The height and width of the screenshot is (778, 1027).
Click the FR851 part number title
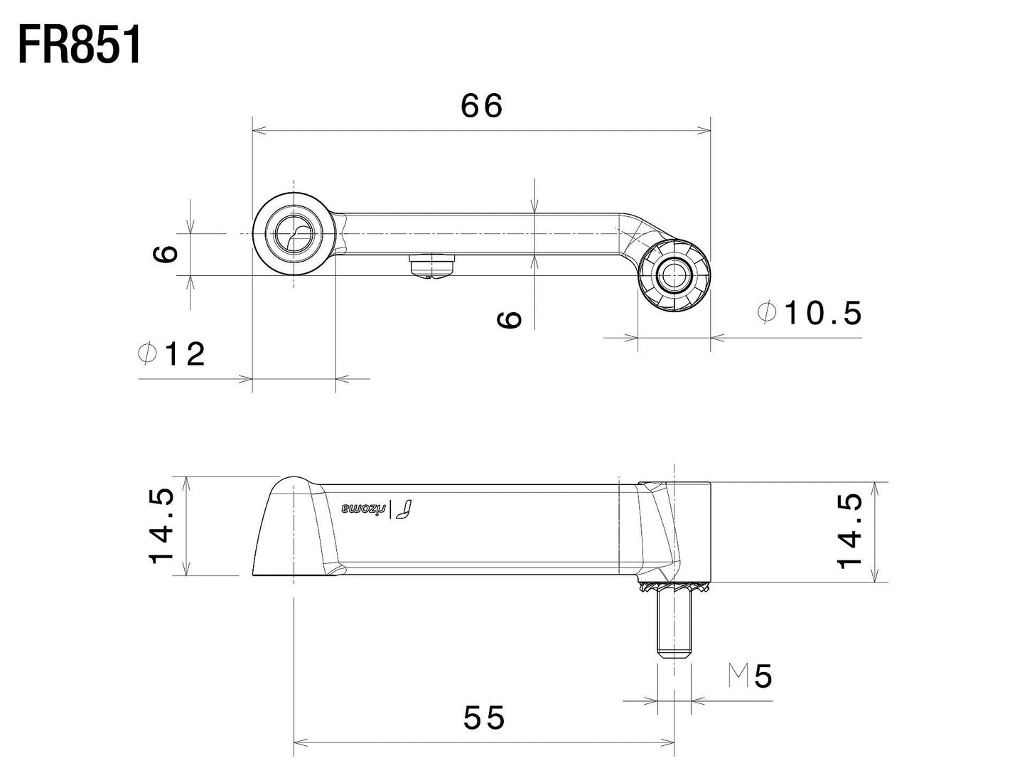(x=80, y=46)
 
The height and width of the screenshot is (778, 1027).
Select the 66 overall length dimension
(x=482, y=106)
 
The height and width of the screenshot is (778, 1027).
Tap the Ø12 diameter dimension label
(x=172, y=353)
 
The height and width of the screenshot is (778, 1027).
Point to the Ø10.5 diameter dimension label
(x=810, y=312)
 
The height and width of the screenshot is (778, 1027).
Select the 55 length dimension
(x=484, y=718)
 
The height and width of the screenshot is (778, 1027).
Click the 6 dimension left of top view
(x=165, y=253)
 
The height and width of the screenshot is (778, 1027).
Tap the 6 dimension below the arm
(x=510, y=319)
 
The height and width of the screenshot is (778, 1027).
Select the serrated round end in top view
(x=673, y=275)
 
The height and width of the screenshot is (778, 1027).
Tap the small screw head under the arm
(x=432, y=267)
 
